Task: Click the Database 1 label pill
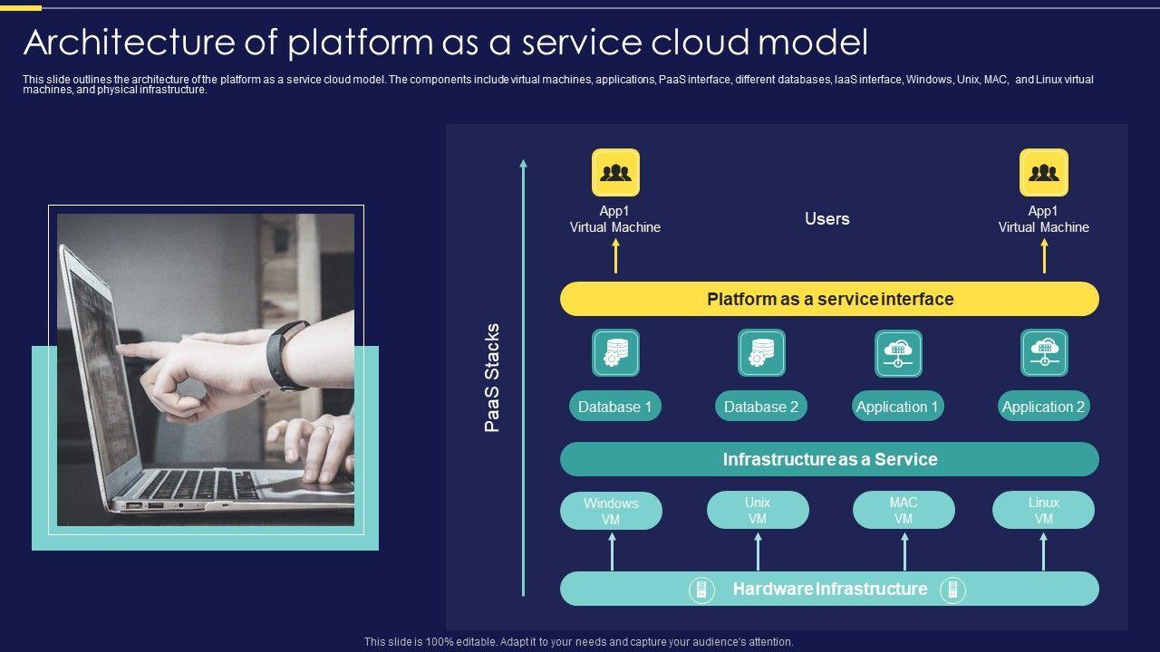[615, 407]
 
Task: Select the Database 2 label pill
[761, 407]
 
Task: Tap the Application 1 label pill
[898, 407]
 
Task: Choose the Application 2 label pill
[1043, 407]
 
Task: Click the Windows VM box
[611, 511]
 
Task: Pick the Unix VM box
[758, 510]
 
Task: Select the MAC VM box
[904, 510]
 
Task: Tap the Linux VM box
[1043, 510]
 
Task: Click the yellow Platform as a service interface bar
[829, 299]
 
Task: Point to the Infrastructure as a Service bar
[829, 459]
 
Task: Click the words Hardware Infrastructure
[830, 589]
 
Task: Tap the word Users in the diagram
[827, 218]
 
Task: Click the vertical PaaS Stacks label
[491, 378]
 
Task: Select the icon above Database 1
[615, 353]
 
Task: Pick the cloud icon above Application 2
[1044, 353]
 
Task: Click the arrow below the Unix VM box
[759, 551]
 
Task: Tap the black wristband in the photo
[288, 356]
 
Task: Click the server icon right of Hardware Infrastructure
[952, 590]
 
